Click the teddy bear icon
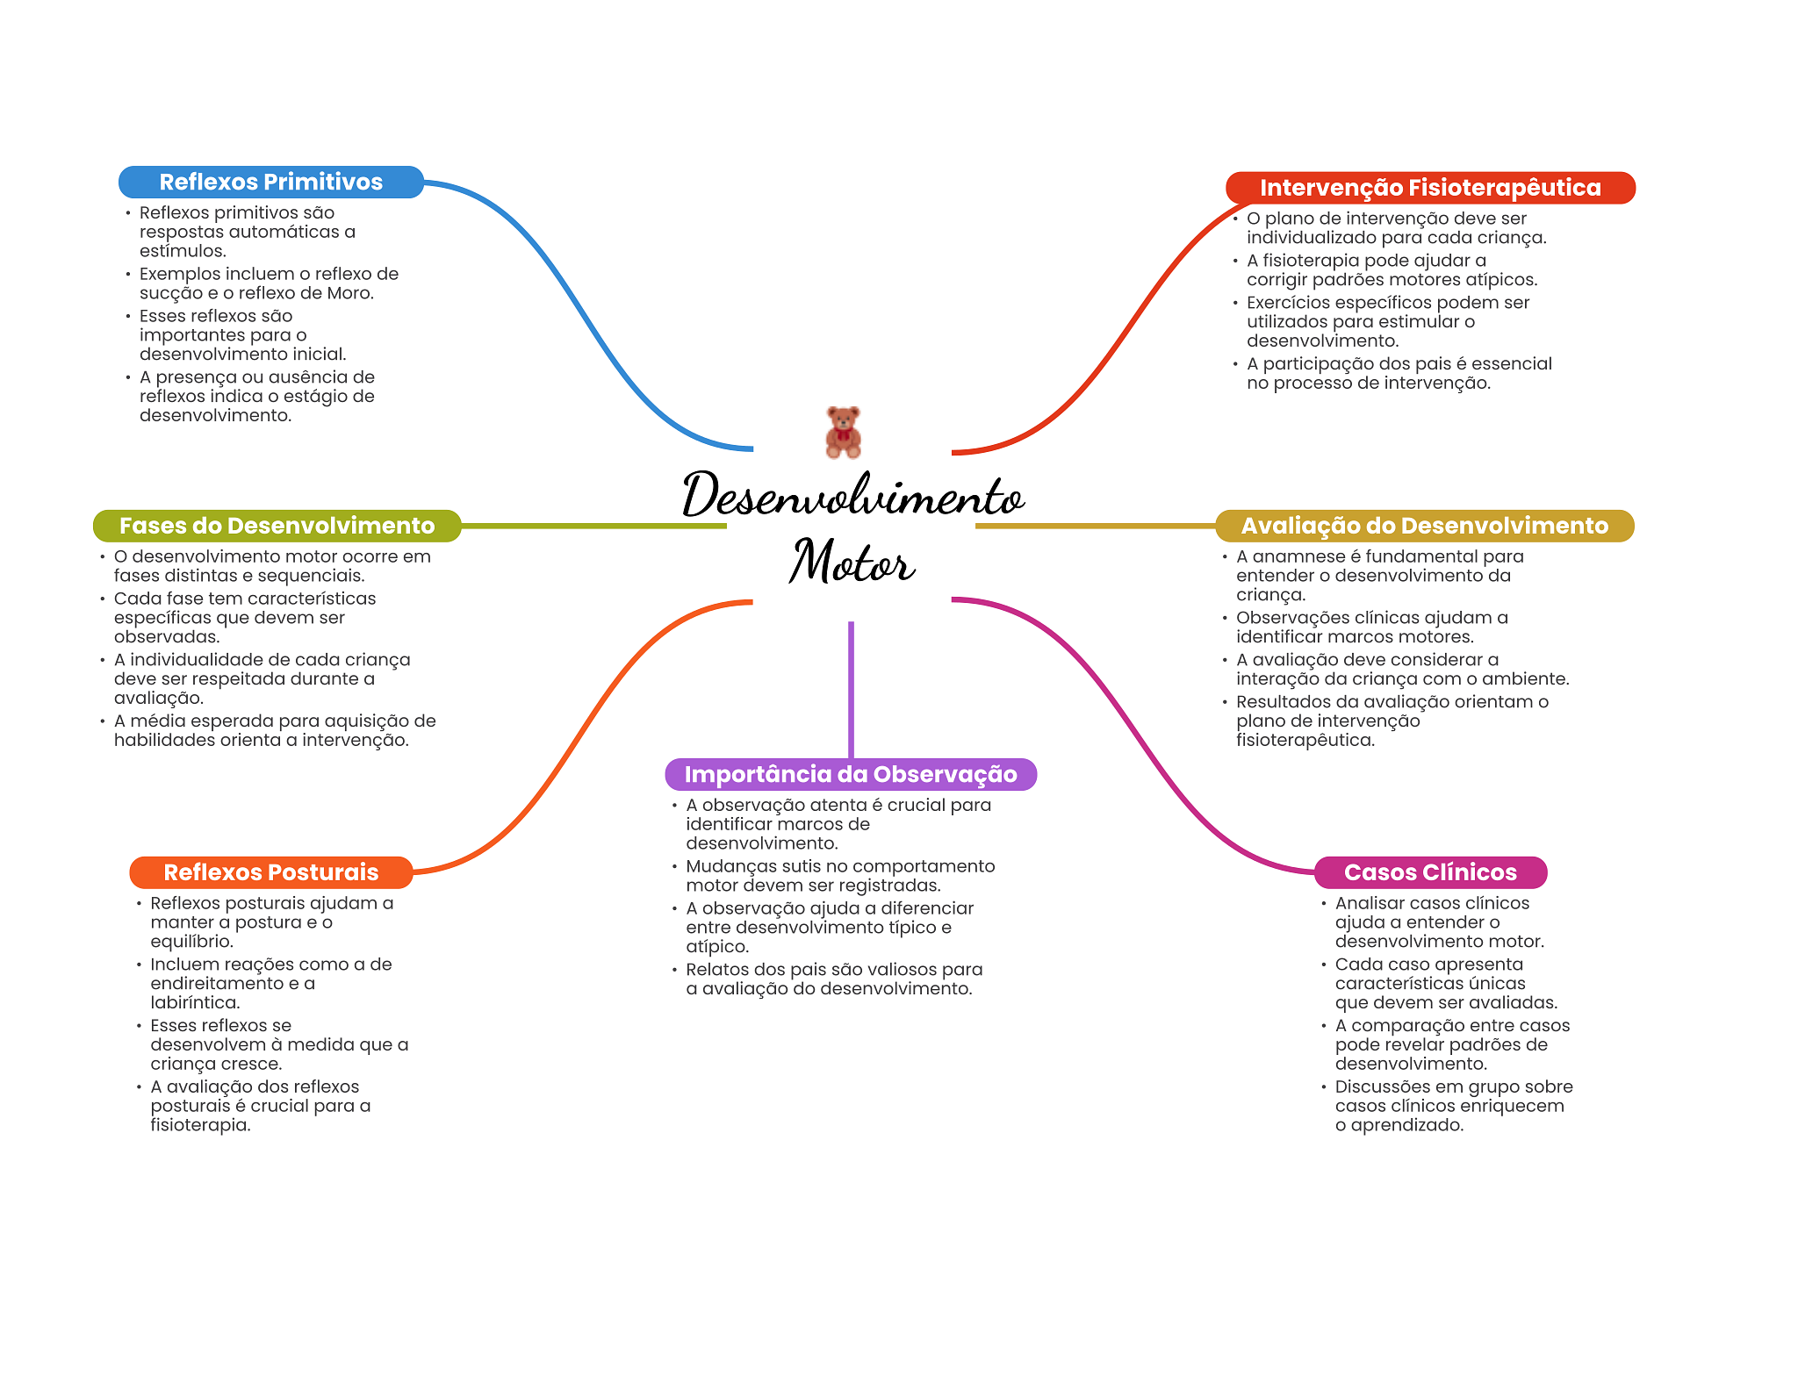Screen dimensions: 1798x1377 click(843, 432)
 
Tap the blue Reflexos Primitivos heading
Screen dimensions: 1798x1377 click(271, 182)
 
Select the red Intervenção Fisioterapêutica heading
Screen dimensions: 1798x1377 click(1430, 188)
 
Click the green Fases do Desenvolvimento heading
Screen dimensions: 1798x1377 click(277, 526)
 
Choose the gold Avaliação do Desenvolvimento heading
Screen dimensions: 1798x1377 click(1425, 526)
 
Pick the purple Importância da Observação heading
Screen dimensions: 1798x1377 click(851, 774)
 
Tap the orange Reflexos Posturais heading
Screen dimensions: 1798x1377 click(271, 872)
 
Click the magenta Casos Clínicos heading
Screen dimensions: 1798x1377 click(1431, 872)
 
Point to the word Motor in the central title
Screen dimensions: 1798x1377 click(852, 562)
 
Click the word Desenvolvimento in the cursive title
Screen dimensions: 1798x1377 click(853, 494)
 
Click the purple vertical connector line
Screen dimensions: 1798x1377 click(851, 690)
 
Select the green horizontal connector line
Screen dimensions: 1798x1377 click(594, 526)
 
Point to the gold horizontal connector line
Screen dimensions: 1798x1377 click(1095, 526)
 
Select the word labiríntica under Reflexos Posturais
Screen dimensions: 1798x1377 click(195, 1002)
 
